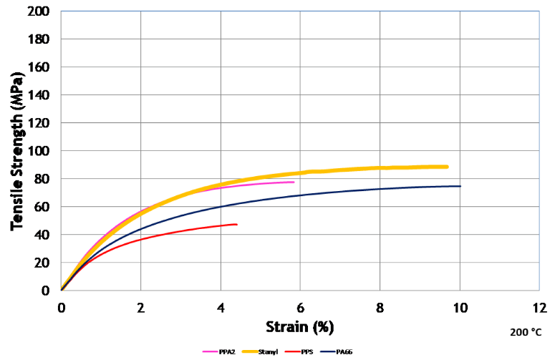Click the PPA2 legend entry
tap(215, 351)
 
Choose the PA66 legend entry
tap(339, 351)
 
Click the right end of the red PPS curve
tap(236, 224)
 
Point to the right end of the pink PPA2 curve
tap(294, 182)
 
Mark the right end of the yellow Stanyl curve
tap(447, 167)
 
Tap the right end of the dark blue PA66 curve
tap(460, 186)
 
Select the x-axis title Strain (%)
tap(300, 327)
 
